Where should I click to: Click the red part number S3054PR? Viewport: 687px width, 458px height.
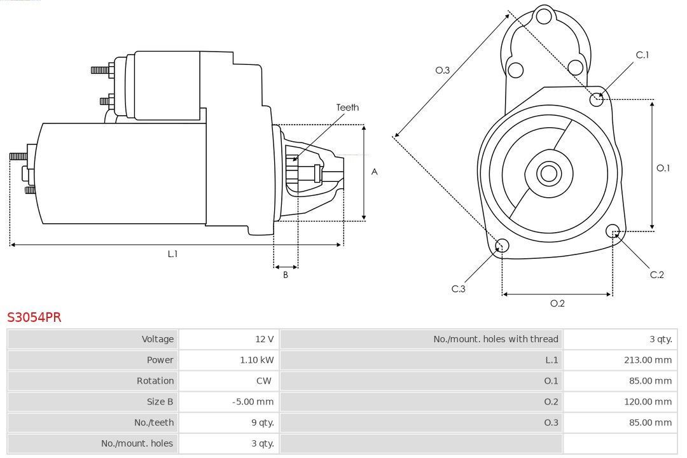(x=34, y=317)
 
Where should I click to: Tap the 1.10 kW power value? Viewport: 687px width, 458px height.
(x=257, y=360)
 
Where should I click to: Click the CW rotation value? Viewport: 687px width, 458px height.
(x=264, y=381)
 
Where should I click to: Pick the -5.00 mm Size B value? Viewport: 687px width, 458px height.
(x=253, y=401)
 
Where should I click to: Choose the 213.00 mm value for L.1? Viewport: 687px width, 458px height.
(x=648, y=360)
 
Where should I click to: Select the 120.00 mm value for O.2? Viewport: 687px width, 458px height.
(x=648, y=401)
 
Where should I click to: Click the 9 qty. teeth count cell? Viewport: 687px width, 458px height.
(x=261, y=422)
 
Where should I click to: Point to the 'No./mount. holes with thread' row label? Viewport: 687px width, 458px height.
(x=496, y=339)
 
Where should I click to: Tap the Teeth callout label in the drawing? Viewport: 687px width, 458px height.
(x=347, y=108)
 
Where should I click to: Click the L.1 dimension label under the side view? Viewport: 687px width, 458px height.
(x=172, y=254)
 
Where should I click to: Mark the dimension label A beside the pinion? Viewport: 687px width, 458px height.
(x=375, y=172)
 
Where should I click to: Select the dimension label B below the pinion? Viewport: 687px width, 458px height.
(x=286, y=275)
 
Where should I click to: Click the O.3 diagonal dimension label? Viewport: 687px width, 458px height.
(x=443, y=70)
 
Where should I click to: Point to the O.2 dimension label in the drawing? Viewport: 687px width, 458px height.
(x=557, y=303)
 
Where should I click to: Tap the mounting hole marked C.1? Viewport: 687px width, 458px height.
(x=597, y=99)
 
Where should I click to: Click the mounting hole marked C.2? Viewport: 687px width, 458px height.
(x=613, y=230)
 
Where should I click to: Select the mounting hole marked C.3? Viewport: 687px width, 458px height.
(x=502, y=246)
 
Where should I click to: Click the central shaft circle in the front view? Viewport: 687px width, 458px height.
(x=548, y=173)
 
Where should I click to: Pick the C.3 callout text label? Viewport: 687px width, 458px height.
(x=459, y=289)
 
